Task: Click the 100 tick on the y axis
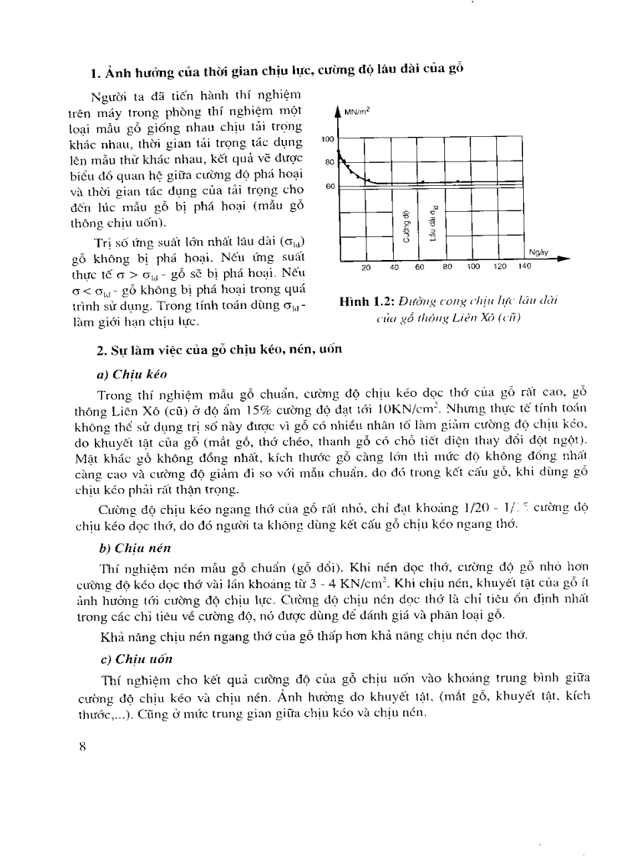coord(329,139)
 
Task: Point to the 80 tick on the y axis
coord(330,163)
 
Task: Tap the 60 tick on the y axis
coord(330,187)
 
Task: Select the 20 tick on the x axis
coord(366,267)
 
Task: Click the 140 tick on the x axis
coord(524,267)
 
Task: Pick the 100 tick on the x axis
coord(473,267)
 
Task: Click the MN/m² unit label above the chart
coord(358,112)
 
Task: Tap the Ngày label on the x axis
coord(538,252)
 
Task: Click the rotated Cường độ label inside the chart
coord(406,224)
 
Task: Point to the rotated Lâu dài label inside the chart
coord(434,223)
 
